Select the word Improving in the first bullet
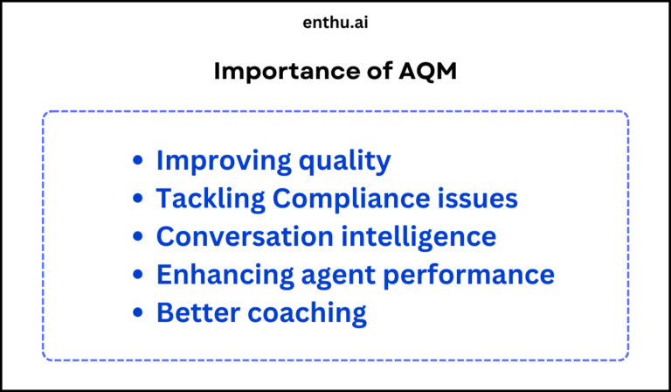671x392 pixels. coord(218,162)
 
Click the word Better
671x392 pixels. coord(194,312)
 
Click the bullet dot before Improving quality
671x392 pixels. coord(138,162)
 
